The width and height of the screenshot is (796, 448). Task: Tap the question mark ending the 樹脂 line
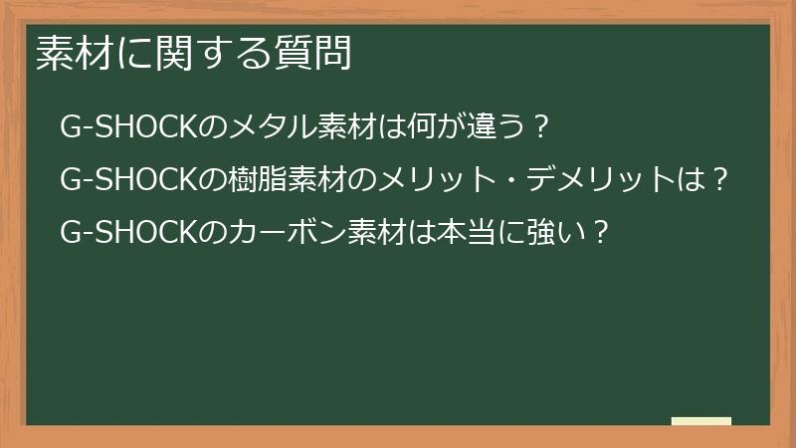coord(723,180)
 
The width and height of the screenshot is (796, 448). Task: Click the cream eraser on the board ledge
coord(701,421)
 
